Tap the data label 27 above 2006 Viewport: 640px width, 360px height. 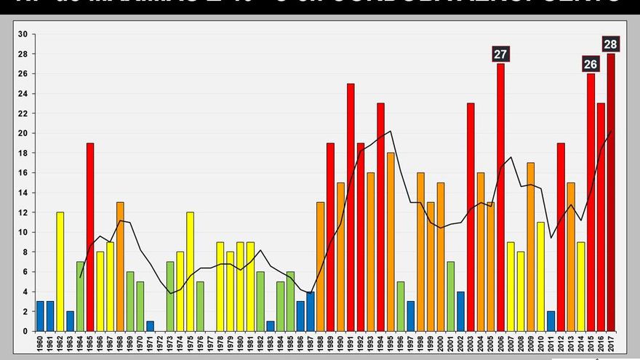click(x=500, y=54)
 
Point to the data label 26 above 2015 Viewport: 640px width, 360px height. click(x=591, y=64)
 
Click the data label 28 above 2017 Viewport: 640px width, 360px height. click(x=611, y=44)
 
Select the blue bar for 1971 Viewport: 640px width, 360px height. click(x=150, y=326)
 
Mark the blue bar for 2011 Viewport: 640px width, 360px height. click(x=551, y=321)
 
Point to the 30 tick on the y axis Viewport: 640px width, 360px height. click(x=23, y=34)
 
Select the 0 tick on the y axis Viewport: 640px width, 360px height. click(x=25, y=331)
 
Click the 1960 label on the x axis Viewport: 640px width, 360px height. click(x=40, y=343)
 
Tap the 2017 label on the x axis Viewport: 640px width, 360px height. click(x=611, y=343)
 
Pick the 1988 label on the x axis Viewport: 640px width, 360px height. click(x=320, y=343)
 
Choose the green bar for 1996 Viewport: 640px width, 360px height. click(x=401, y=306)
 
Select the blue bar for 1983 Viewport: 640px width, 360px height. click(x=271, y=326)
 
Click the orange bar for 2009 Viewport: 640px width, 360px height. click(x=531, y=247)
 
